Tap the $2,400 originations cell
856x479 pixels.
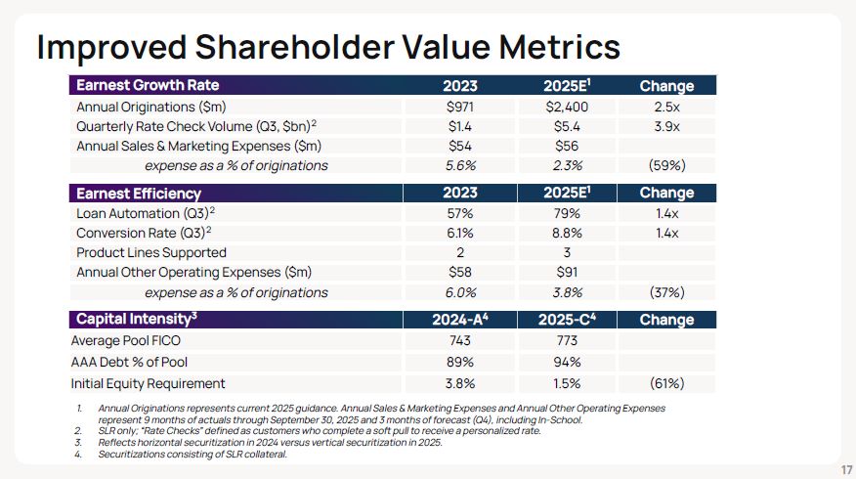point(568,107)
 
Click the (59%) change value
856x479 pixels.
point(666,166)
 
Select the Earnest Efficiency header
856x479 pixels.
point(139,194)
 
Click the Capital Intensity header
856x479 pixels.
point(138,320)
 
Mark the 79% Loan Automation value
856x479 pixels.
point(568,213)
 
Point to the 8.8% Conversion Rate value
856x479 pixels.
point(568,234)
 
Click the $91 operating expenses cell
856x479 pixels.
point(568,273)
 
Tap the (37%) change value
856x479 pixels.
point(666,293)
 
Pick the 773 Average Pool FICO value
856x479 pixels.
point(568,341)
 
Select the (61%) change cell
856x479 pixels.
point(666,383)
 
